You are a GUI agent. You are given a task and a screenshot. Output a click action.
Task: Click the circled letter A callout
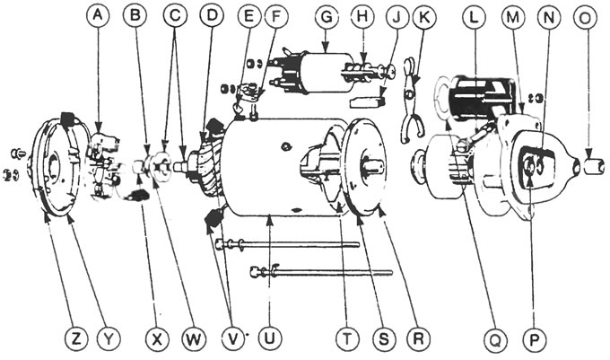(x=98, y=15)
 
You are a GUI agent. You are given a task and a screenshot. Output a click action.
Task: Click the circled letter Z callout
(x=75, y=339)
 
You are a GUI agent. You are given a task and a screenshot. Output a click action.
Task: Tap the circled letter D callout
(x=212, y=15)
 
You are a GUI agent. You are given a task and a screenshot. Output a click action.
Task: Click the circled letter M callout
(x=513, y=15)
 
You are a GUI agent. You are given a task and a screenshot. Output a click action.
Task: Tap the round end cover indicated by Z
(x=58, y=171)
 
